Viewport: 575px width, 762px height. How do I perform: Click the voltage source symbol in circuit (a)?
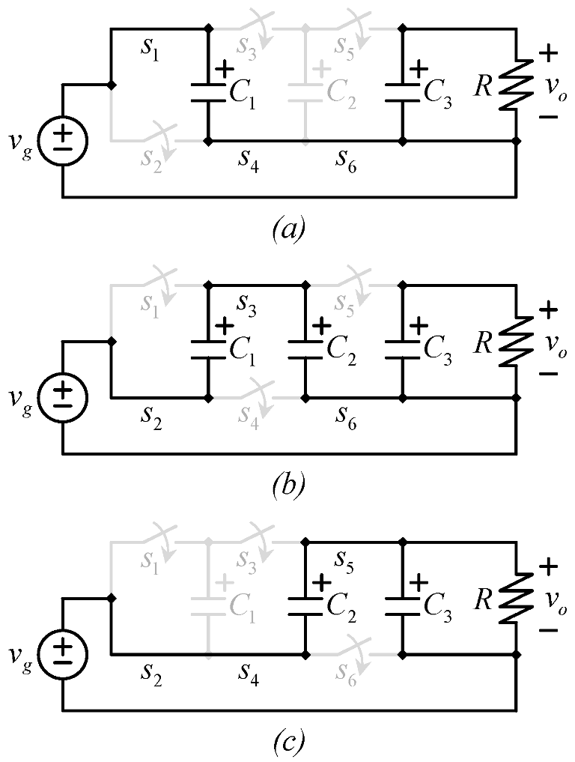[63, 140]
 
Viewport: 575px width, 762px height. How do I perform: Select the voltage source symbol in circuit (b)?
[63, 397]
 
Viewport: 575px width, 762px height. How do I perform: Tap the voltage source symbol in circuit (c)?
[63, 654]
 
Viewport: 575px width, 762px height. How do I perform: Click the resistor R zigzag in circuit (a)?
[515, 85]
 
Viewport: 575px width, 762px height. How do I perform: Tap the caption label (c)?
[287, 743]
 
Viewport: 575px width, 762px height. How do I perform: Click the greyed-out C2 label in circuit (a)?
[341, 91]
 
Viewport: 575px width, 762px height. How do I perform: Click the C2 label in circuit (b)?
[341, 348]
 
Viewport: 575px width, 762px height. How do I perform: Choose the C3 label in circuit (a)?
[438, 91]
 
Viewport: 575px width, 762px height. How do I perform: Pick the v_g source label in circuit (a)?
[23, 142]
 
